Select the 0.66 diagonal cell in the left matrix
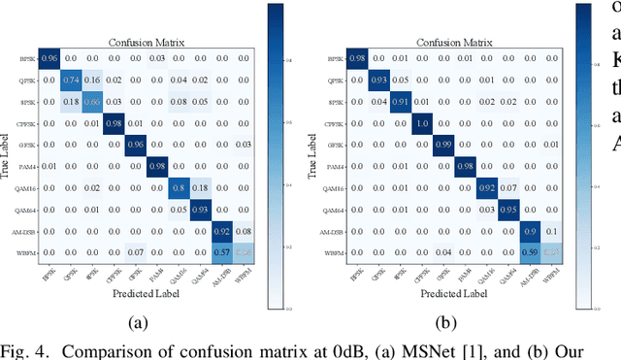click(93, 101)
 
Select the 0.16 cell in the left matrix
click(93, 79)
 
